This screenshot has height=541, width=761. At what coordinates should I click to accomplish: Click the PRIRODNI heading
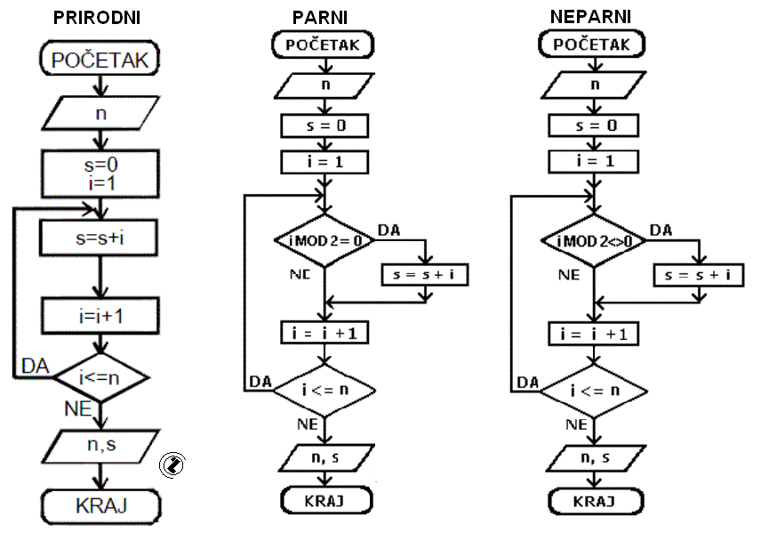pyautogui.click(x=97, y=18)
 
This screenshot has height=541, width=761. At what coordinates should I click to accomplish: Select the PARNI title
pyautogui.click(x=320, y=18)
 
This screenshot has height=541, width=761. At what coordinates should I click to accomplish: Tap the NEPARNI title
pyautogui.click(x=590, y=17)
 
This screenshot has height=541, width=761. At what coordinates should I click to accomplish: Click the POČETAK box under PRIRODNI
pyautogui.click(x=100, y=60)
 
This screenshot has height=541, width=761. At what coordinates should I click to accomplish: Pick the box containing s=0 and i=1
pyautogui.click(x=100, y=174)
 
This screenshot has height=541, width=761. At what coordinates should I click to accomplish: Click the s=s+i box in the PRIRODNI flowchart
pyautogui.click(x=99, y=238)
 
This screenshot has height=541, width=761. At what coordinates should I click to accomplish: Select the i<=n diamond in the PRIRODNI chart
pyautogui.click(x=100, y=377)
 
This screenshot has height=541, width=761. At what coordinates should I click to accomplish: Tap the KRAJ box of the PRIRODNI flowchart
pyautogui.click(x=101, y=506)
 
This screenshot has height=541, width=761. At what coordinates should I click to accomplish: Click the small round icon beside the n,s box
pyautogui.click(x=172, y=464)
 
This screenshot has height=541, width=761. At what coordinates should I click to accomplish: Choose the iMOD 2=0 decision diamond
pyautogui.click(x=325, y=240)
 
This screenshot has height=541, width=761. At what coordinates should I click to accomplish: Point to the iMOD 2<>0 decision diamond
pyautogui.click(x=594, y=240)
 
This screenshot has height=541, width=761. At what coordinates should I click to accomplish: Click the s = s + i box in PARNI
pyautogui.click(x=425, y=274)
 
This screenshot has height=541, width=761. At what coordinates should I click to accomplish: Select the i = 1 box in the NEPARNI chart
pyautogui.click(x=594, y=161)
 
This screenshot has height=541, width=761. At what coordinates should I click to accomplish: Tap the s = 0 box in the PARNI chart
pyautogui.click(x=324, y=125)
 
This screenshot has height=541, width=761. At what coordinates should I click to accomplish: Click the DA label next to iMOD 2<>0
pyautogui.click(x=661, y=230)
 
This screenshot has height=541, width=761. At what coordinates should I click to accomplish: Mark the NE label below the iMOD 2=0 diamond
pyautogui.click(x=300, y=274)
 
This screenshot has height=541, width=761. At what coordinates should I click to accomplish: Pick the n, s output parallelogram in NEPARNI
pyautogui.click(x=596, y=458)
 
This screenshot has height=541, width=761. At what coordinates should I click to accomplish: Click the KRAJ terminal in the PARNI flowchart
pyautogui.click(x=326, y=500)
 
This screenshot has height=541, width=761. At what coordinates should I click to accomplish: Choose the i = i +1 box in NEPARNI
pyautogui.click(x=594, y=334)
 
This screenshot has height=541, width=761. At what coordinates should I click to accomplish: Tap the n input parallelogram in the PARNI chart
pyautogui.click(x=324, y=85)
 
